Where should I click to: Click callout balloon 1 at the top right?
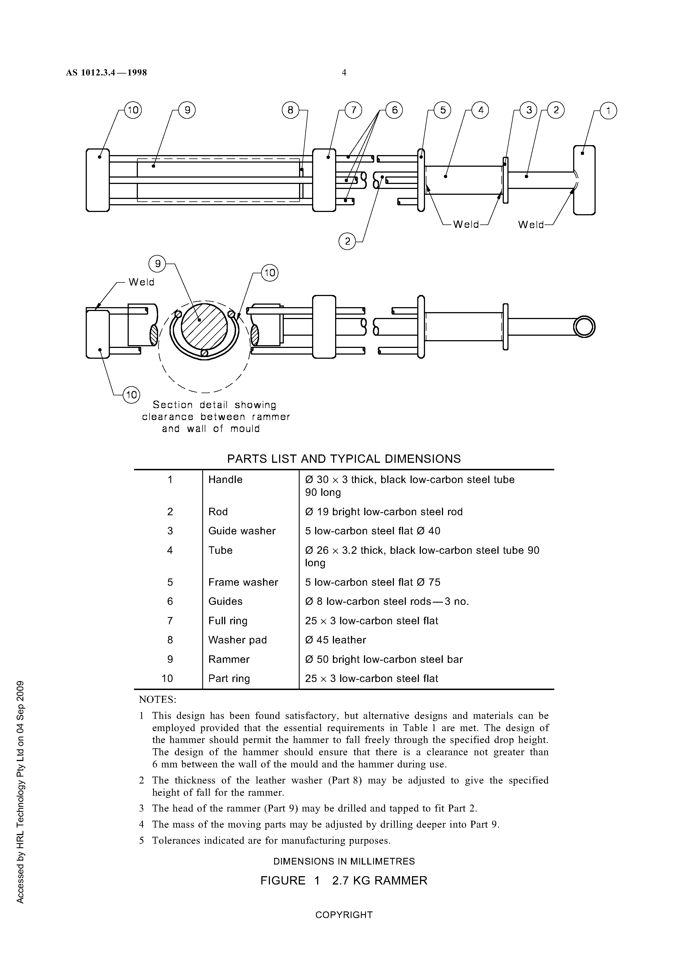point(609,112)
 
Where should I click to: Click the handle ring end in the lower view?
point(584,327)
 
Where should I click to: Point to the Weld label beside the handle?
point(530,225)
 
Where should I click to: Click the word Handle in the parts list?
point(225,480)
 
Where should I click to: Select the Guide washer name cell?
point(242,531)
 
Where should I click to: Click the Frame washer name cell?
point(243,582)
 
